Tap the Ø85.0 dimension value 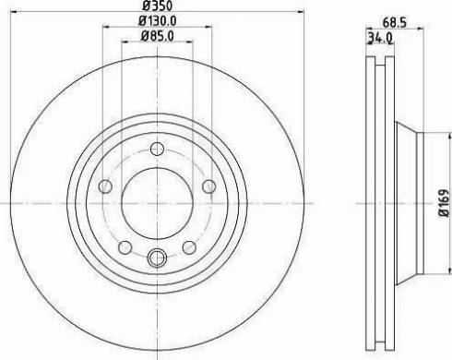click(x=157, y=38)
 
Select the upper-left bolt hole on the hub click(x=106, y=187)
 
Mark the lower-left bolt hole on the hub click(x=125, y=246)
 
